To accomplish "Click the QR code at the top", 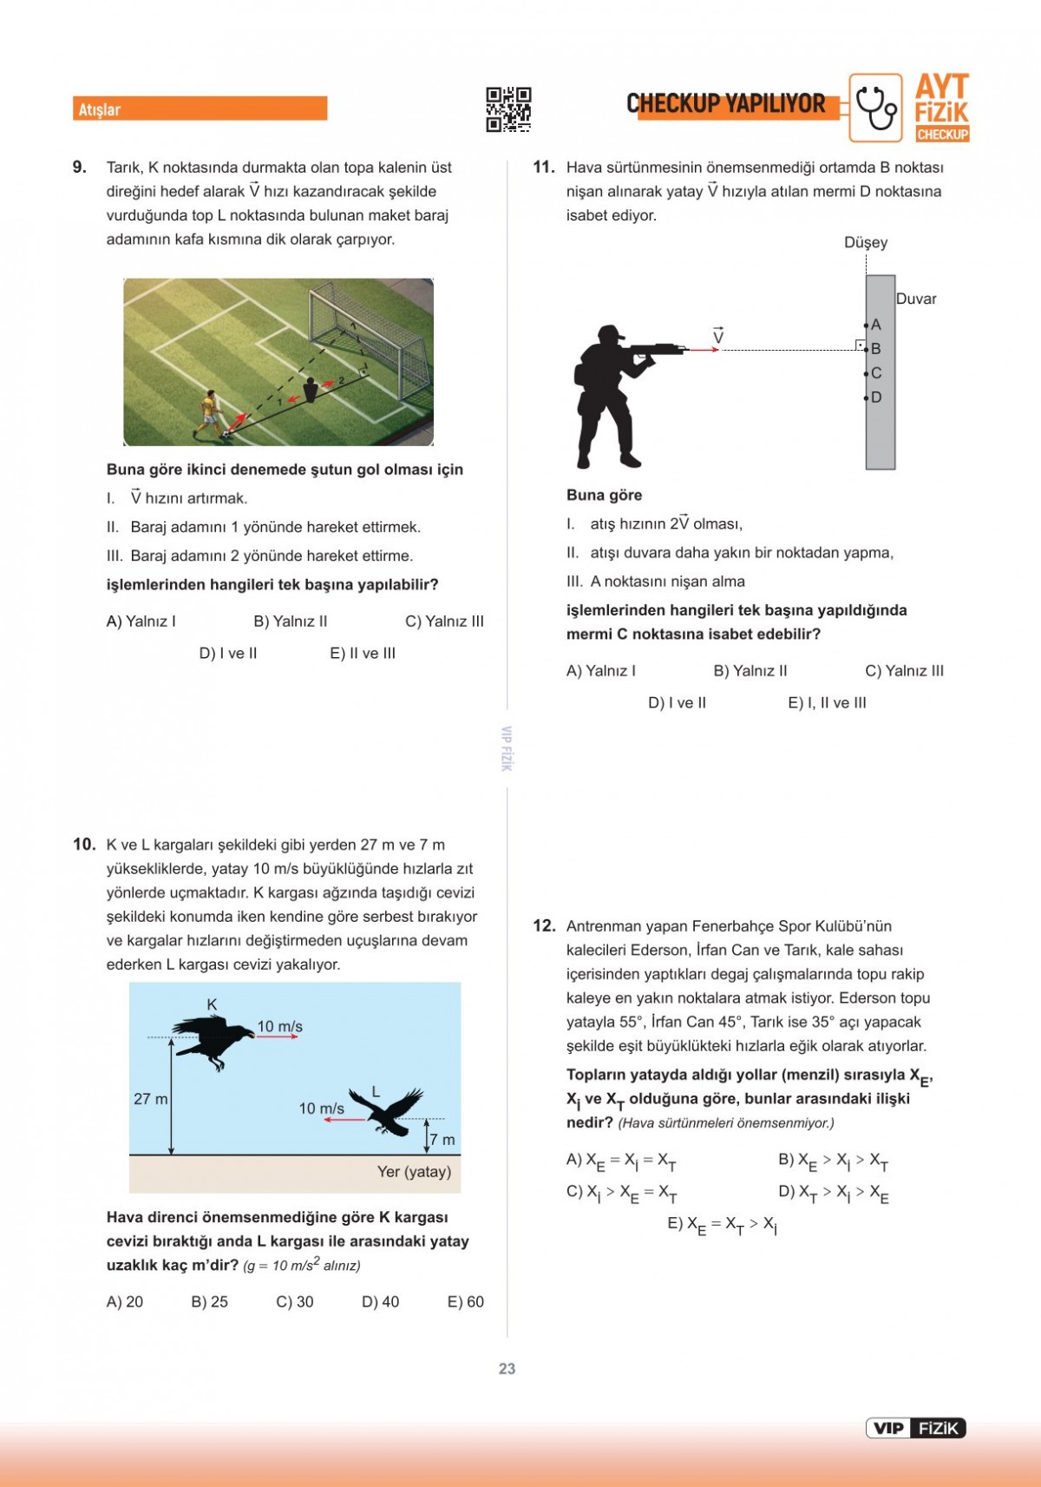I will click(x=508, y=109).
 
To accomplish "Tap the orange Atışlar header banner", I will click(x=200, y=109).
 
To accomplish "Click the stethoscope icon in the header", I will click(x=875, y=108).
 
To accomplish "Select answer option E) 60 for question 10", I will click(x=465, y=1302).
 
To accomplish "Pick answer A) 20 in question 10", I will click(x=125, y=1302).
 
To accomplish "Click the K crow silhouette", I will click(x=213, y=1040).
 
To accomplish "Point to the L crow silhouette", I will click(x=387, y=1111).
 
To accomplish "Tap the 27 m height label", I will click(x=150, y=1099).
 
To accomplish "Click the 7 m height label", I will click(x=442, y=1140).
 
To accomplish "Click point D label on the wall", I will click(x=876, y=398).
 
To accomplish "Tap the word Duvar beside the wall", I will click(x=916, y=299).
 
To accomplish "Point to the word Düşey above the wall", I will click(x=866, y=243).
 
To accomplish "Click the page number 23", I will click(x=507, y=1369).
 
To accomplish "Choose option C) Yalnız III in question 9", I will click(x=444, y=622).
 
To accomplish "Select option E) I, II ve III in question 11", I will click(x=827, y=703).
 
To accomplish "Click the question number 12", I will click(x=544, y=926).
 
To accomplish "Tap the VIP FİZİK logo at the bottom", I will click(x=915, y=1428).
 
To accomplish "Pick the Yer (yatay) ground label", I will click(x=414, y=1172).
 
